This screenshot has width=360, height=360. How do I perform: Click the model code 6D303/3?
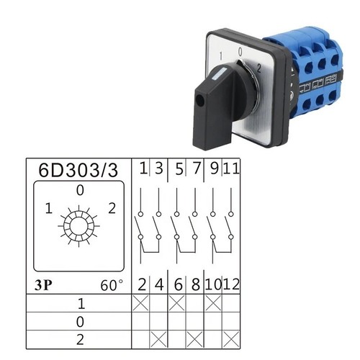click(x=78, y=170)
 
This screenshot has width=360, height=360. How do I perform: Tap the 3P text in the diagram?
click(x=43, y=285)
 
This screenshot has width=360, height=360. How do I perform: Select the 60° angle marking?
click(x=112, y=285)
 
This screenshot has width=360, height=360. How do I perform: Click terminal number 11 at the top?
click(x=231, y=168)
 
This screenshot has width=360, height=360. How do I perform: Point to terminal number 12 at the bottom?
click(x=231, y=284)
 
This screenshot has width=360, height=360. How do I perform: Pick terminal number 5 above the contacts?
click(x=179, y=168)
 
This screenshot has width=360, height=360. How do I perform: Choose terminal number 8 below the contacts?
click(x=196, y=284)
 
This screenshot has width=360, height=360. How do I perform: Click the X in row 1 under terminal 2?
click(x=140, y=303)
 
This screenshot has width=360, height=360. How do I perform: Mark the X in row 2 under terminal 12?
click(x=231, y=339)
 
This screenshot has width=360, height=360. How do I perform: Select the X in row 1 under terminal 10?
click(x=213, y=303)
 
